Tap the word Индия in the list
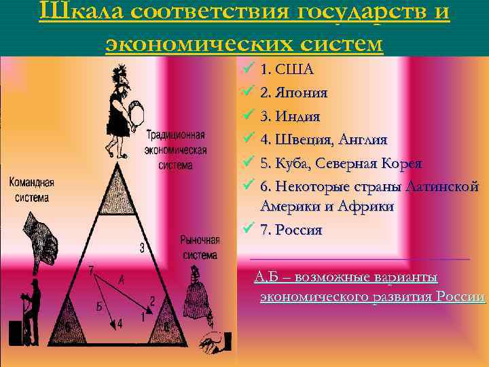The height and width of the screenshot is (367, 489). coord(293,116)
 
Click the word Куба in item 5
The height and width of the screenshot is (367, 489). coord(291,163)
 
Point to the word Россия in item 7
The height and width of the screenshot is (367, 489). coord(297,230)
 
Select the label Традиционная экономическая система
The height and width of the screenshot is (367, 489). coord(176,150)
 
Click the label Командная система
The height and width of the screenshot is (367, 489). coord(31,190)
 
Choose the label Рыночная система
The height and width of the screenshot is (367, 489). coord(200,247)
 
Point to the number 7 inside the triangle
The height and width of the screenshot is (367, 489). coord(90,270)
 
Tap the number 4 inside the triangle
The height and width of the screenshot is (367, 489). coord(120,324)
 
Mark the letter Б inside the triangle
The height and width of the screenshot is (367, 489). coord(100,307)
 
